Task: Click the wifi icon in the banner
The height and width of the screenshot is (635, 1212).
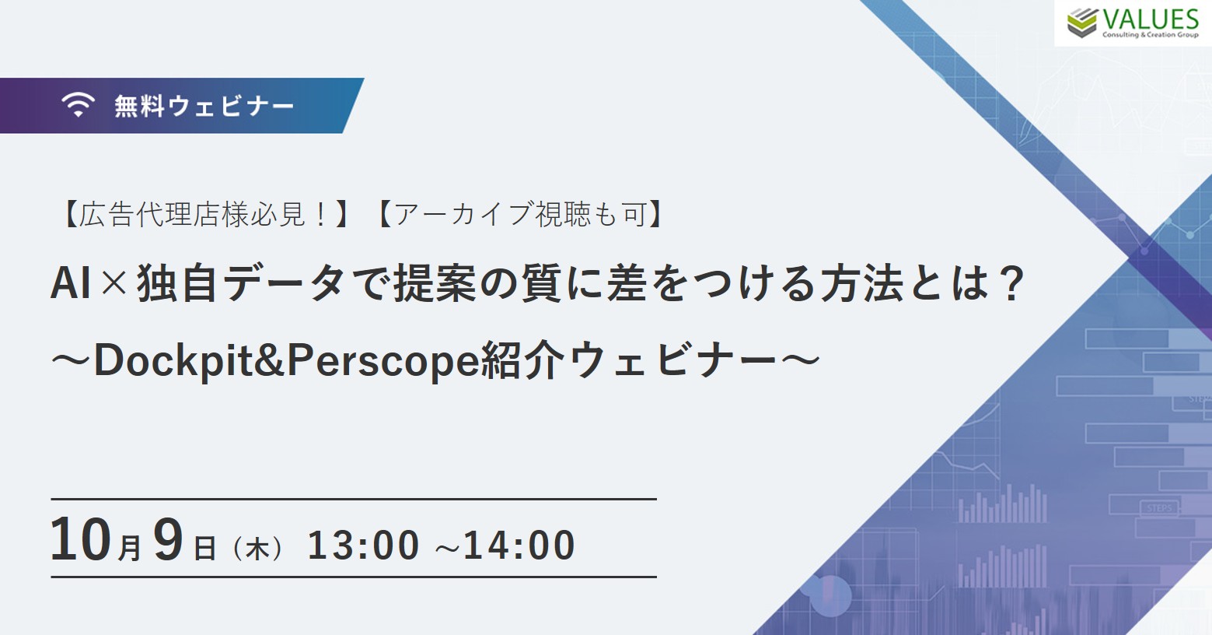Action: (78, 104)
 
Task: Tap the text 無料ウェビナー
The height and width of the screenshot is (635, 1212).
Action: (204, 106)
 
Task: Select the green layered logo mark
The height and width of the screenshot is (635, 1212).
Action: (1081, 23)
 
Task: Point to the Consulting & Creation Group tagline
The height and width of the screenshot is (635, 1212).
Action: (1151, 35)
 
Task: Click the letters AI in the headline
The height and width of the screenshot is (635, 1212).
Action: (70, 283)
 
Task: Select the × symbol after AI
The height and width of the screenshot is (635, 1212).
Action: (113, 283)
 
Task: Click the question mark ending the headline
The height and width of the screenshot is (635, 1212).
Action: (1010, 282)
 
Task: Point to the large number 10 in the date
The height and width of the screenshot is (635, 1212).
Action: (81, 539)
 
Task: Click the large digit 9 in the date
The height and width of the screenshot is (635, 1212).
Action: (167, 539)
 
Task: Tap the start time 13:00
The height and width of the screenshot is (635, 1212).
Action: (363, 545)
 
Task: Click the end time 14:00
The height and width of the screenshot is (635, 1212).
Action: (519, 545)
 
